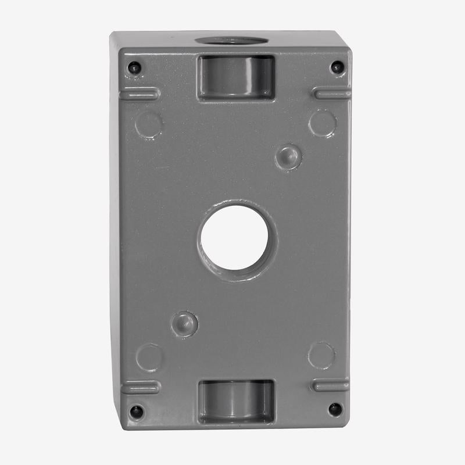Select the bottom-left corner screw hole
(136, 411)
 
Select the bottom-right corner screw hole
(335, 409)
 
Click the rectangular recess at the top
(235, 78)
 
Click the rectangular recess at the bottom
(235, 401)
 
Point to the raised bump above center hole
(288, 156)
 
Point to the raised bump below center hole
(184, 323)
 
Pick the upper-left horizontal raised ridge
(140, 94)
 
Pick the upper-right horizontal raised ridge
(331, 93)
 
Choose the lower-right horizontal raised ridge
(331, 385)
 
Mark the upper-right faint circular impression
(323, 123)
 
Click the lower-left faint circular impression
(149, 357)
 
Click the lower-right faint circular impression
(321, 355)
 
